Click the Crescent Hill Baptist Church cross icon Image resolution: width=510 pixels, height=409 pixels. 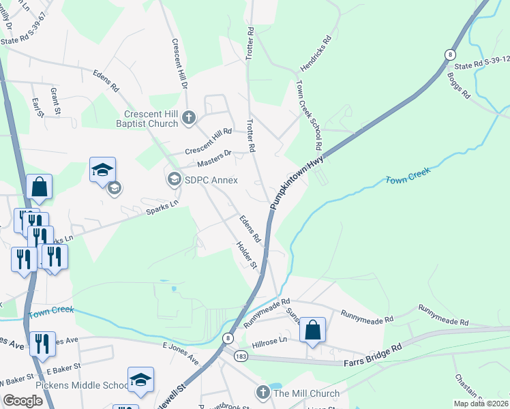[x=188, y=119]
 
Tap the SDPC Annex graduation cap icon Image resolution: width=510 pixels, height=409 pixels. [x=172, y=180]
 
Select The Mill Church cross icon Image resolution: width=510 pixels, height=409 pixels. [x=262, y=393]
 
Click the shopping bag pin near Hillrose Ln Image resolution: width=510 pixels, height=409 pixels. [x=312, y=331]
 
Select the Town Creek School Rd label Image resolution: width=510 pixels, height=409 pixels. [x=307, y=115]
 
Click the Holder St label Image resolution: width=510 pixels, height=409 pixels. [x=245, y=254]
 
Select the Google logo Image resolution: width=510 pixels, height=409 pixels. [x=23, y=401]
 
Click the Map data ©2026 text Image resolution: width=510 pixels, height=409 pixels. [x=480, y=404]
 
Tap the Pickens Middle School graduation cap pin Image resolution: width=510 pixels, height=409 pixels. [x=140, y=380]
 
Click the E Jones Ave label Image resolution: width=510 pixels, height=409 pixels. [x=180, y=352]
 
